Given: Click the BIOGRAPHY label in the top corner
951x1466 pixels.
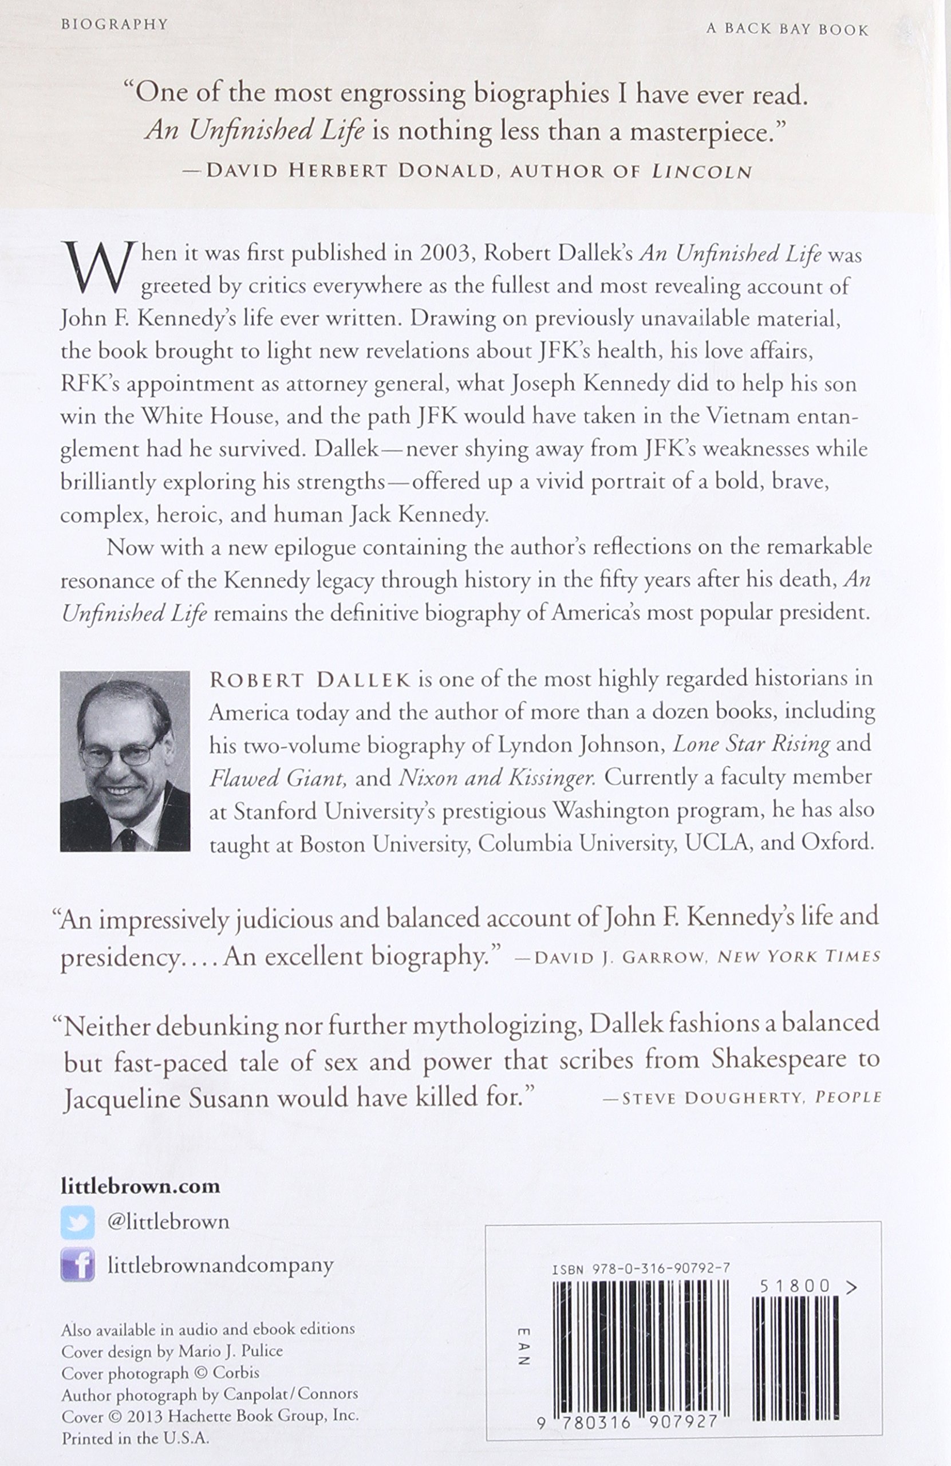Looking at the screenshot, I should (x=115, y=25).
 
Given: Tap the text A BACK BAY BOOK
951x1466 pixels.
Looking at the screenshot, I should (x=787, y=30).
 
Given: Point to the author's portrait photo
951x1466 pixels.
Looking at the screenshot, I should (x=125, y=761).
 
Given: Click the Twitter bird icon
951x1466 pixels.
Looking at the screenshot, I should (x=78, y=1222).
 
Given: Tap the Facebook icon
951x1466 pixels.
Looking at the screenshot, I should (x=78, y=1265).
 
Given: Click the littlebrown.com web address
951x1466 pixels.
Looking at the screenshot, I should (x=140, y=1187).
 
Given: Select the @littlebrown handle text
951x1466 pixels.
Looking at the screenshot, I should (x=168, y=1222).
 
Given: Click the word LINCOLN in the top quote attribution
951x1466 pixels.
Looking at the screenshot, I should (x=701, y=171).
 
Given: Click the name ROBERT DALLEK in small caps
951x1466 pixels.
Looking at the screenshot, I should (x=310, y=679).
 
